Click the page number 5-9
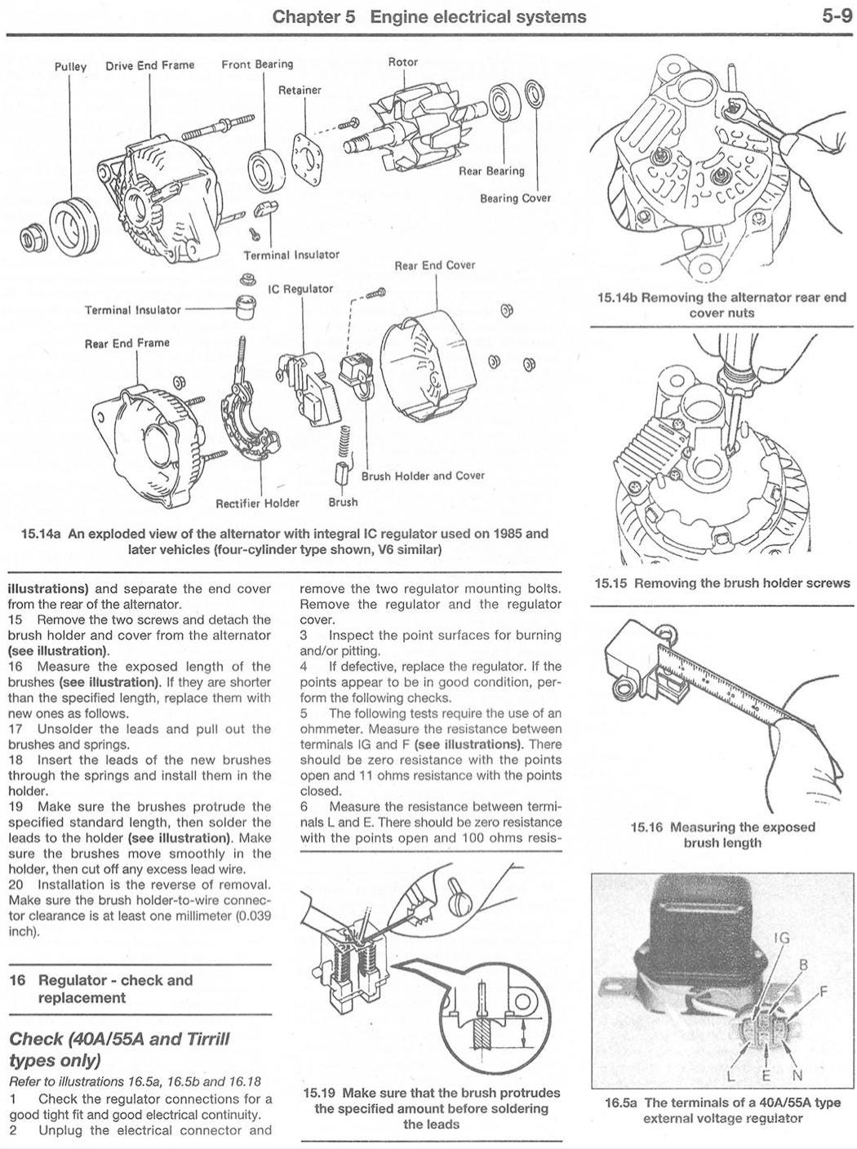[x=837, y=17]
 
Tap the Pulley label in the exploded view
[x=71, y=68]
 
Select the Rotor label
[x=402, y=62]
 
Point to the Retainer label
[x=300, y=90]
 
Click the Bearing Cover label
[x=516, y=197]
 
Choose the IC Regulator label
[x=300, y=288]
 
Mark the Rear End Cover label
[x=435, y=265]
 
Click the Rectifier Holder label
[x=258, y=503]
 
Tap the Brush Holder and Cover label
[x=423, y=476]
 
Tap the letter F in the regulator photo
[x=824, y=991]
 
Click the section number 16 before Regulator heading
[x=17, y=980]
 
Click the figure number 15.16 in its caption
[x=647, y=827]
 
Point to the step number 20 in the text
[x=16, y=885]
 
